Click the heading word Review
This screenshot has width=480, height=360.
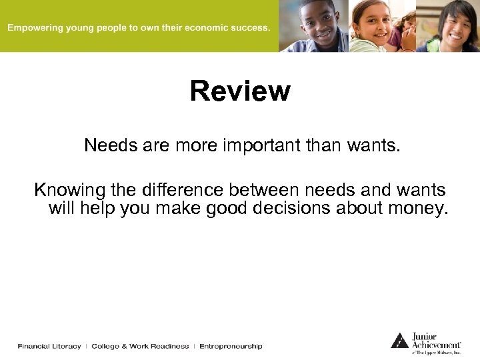pyautogui.click(x=240, y=91)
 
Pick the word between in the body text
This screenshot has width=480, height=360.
pyautogui.click(x=292, y=190)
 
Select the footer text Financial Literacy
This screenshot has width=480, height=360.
pyautogui.click(x=49, y=346)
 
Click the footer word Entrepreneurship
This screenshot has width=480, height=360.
pyautogui.click(x=231, y=346)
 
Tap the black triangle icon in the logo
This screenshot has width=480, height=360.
pyautogui.click(x=399, y=341)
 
